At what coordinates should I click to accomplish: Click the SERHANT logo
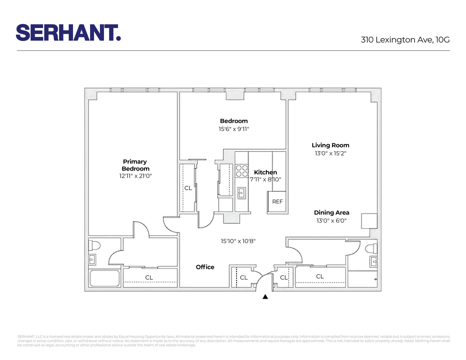click(x=68, y=33)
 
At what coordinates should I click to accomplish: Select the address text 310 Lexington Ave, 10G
click(x=405, y=40)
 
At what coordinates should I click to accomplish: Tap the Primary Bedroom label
click(x=135, y=165)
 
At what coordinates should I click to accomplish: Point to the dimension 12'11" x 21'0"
click(x=135, y=176)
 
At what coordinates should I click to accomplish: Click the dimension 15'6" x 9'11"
click(x=234, y=129)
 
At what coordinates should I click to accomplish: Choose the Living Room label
click(x=330, y=145)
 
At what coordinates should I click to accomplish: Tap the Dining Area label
click(x=331, y=212)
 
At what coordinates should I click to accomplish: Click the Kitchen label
click(x=265, y=172)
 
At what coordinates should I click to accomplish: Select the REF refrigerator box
click(x=277, y=202)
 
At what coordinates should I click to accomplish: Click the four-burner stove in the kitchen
click(x=242, y=171)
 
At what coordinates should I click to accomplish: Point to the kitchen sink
click(x=241, y=193)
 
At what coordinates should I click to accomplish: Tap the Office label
click(x=205, y=267)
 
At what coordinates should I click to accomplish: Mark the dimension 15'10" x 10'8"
click(x=238, y=241)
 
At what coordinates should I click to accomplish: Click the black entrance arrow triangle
click(x=265, y=297)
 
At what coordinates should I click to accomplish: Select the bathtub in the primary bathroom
click(x=104, y=278)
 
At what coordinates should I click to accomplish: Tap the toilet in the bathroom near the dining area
click(x=371, y=248)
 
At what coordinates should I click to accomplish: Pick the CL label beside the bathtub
click(x=149, y=278)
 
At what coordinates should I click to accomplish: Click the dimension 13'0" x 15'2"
click(x=330, y=153)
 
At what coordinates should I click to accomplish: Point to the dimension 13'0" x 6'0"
click(x=331, y=221)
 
